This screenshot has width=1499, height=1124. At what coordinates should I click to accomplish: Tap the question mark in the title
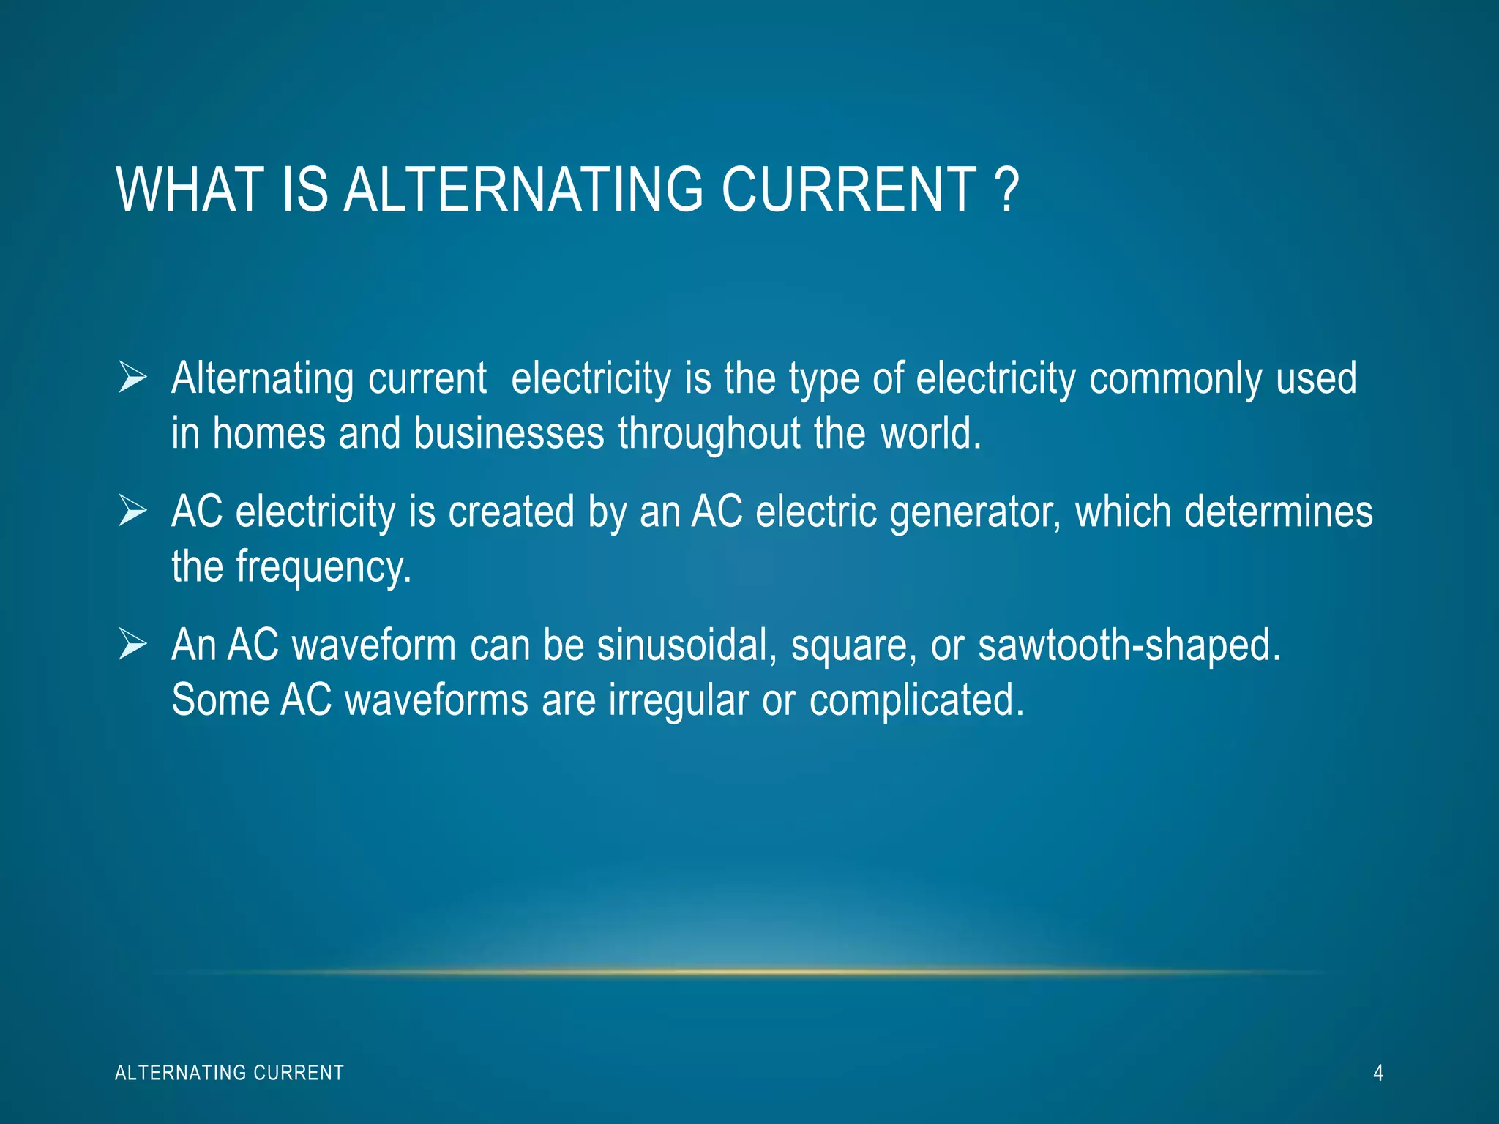tap(1007, 190)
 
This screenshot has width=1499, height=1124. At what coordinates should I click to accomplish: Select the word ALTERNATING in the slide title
tap(523, 190)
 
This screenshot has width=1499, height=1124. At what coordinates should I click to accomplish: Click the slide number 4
tap(1378, 1073)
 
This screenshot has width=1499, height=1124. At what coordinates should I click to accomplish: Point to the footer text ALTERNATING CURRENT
tap(229, 1073)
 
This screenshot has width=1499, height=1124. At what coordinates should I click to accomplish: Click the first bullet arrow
tap(132, 378)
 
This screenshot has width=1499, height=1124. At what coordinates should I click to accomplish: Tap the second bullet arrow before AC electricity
tap(132, 511)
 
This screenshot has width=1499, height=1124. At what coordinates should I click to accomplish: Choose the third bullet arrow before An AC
tap(132, 645)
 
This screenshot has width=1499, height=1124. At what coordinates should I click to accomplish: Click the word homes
tap(269, 433)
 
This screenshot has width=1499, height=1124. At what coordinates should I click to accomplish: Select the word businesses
tap(509, 433)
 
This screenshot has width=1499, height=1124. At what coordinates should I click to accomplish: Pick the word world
tap(930, 433)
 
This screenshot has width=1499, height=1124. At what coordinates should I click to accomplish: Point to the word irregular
tap(679, 701)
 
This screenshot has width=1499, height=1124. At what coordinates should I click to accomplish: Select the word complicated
tap(916, 701)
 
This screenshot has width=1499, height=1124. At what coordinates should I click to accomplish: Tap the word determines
tap(1279, 511)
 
